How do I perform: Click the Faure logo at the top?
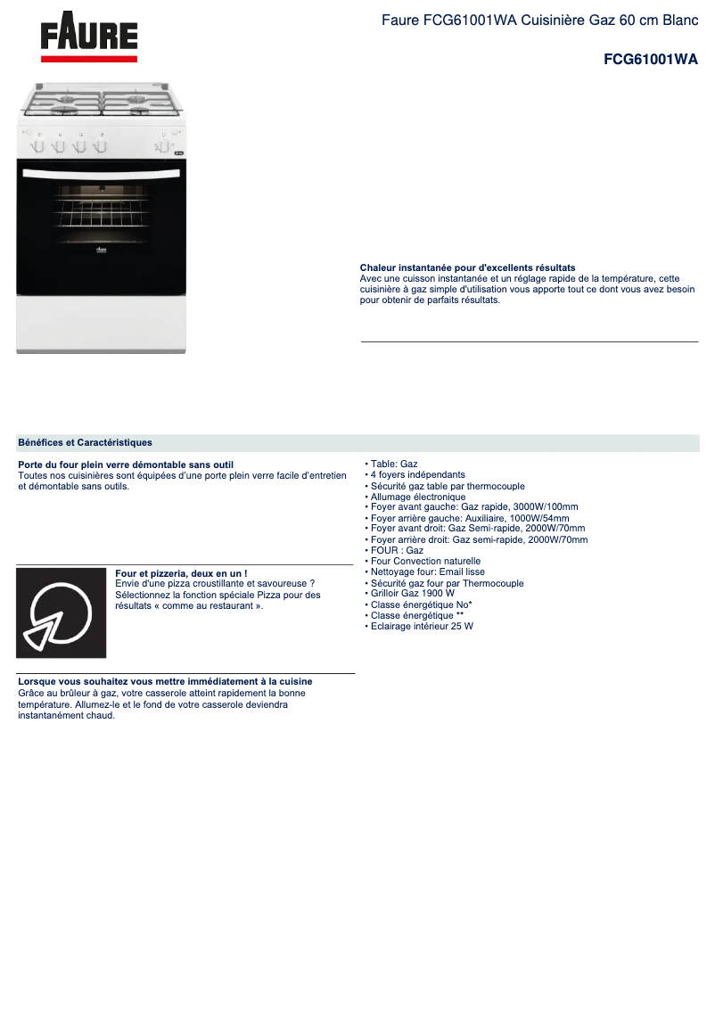point(89,38)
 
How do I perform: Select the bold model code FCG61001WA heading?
point(650,60)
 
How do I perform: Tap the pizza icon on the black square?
point(61,613)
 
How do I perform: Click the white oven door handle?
point(101,172)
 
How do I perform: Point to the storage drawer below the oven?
point(101,323)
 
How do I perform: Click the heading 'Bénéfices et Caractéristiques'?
point(85,442)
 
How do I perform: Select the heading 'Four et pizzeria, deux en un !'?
point(181,573)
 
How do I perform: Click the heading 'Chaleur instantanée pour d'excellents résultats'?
point(467,267)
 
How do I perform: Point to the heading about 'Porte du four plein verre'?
point(126,464)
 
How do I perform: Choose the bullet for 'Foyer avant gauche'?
point(474,507)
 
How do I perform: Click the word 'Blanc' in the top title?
point(679,20)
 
